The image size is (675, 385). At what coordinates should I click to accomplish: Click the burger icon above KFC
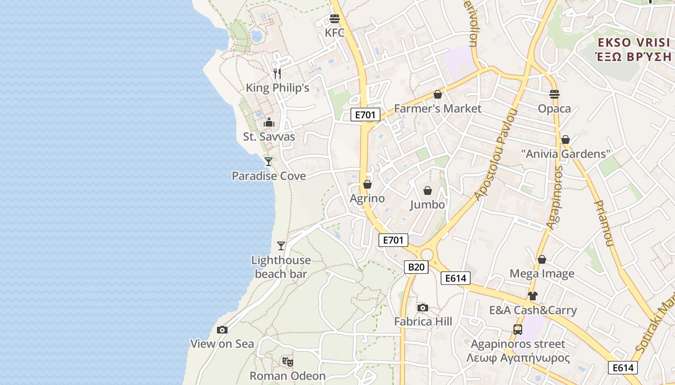(x=335, y=19)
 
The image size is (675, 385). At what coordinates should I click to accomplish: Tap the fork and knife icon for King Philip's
(x=277, y=74)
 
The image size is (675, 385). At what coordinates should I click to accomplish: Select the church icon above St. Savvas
(x=269, y=122)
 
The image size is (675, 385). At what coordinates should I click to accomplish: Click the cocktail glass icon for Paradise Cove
(x=269, y=162)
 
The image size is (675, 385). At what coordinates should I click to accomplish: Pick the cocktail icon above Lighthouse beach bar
(x=281, y=246)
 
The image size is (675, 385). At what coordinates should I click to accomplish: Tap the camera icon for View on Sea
(x=222, y=330)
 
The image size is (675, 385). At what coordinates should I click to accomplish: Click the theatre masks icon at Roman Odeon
(x=288, y=361)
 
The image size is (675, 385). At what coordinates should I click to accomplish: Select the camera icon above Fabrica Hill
(x=423, y=308)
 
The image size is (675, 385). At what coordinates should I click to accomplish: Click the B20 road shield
(x=416, y=267)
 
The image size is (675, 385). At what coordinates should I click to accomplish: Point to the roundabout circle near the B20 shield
(x=427, y=254)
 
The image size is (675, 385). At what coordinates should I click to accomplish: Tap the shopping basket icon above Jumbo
(x=428, y=191)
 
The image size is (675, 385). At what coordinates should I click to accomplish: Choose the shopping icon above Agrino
(x=367, y=184)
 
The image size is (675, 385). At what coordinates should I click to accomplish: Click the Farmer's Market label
(x=437, y=109)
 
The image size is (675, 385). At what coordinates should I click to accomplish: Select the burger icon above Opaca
(x=554, y=94)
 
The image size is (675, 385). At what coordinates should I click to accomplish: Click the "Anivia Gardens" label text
(x=566, y=154)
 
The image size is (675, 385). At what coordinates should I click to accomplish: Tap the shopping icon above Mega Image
(x=542, y=259)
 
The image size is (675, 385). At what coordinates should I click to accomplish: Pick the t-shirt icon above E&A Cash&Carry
(x=533, y=296)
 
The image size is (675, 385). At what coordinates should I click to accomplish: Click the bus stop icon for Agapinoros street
(x=518, y=330)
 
